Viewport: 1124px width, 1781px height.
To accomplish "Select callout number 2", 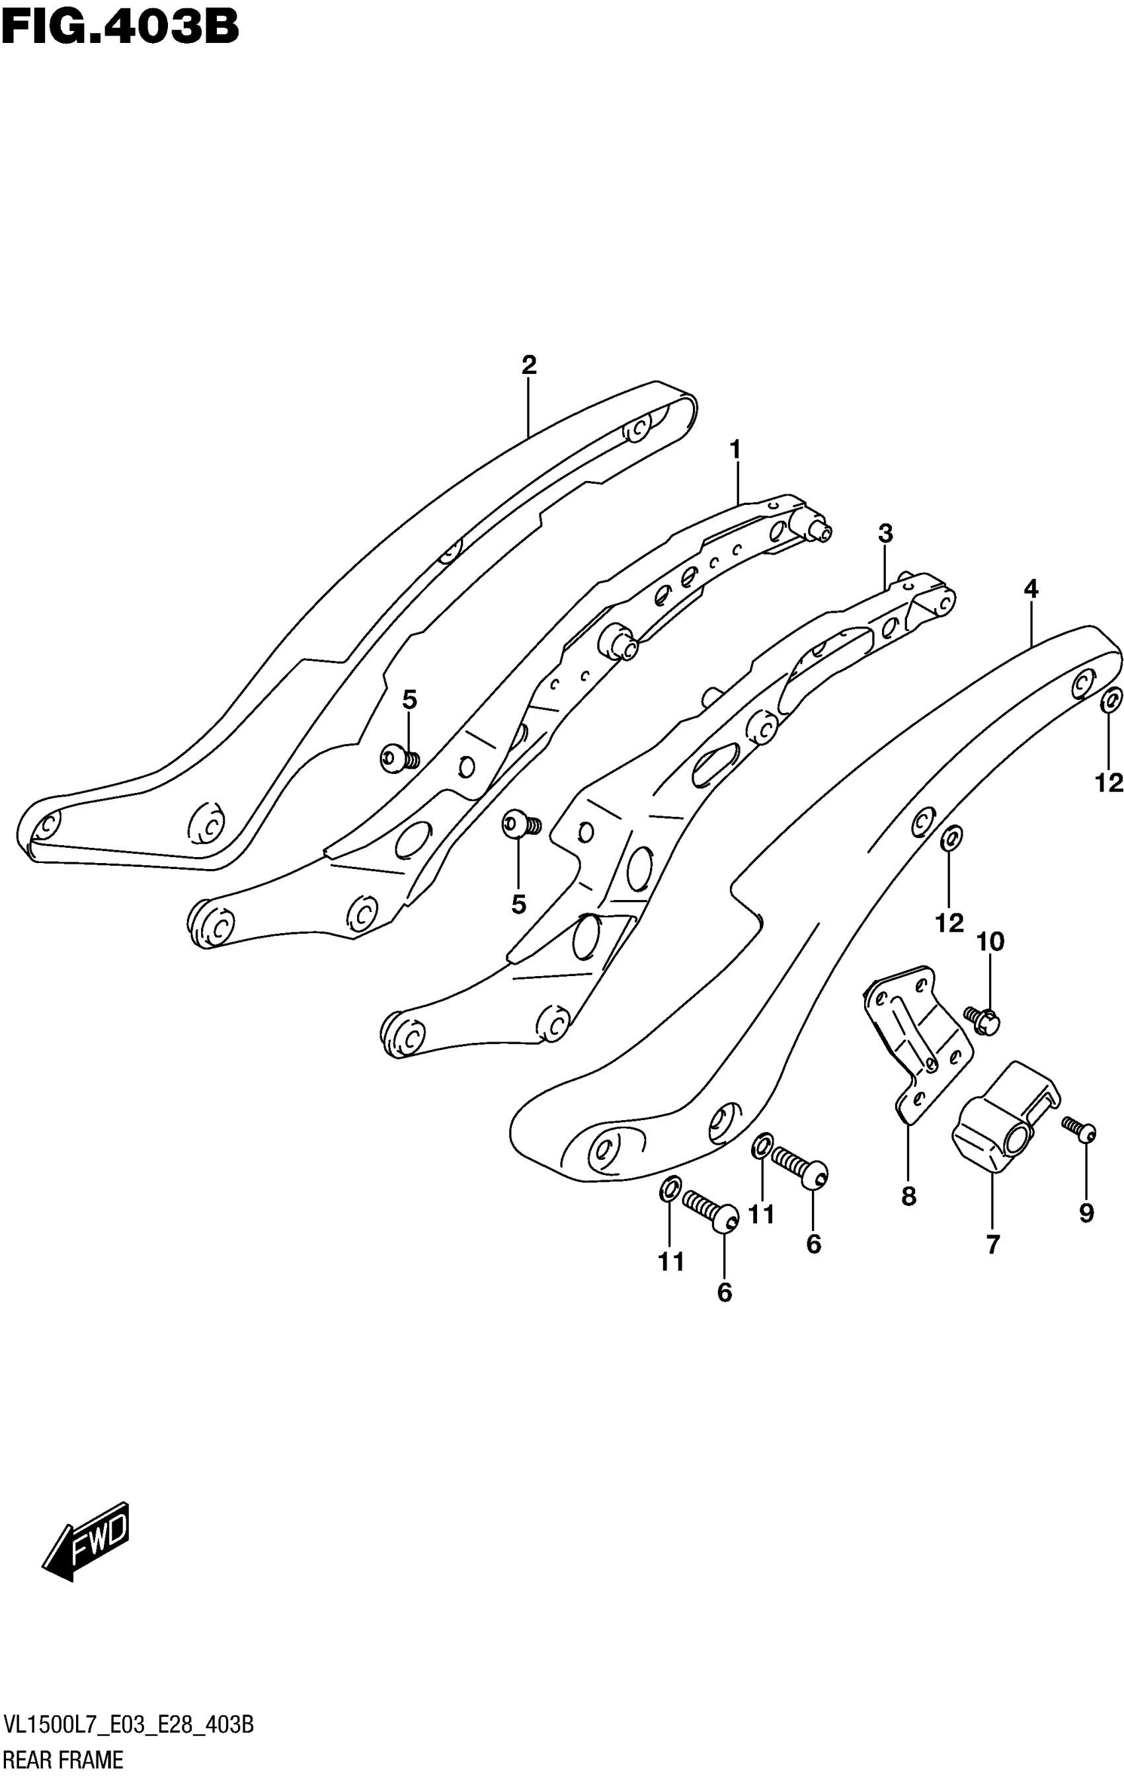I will (x=528, y=365).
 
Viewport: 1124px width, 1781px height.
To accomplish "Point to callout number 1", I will (x=735, y=449).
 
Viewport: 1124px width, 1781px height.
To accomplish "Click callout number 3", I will (x=886, y=533).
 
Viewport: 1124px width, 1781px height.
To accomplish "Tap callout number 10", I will (x=990, y=942).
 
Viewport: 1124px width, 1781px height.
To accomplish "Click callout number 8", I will (x=908, y=1196).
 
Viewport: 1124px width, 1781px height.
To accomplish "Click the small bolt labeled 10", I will (x=982, y=1019).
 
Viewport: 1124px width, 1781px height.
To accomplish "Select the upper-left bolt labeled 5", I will (x=399, y=758).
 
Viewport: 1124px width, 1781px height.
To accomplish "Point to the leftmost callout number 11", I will (x=671, y=1262).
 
